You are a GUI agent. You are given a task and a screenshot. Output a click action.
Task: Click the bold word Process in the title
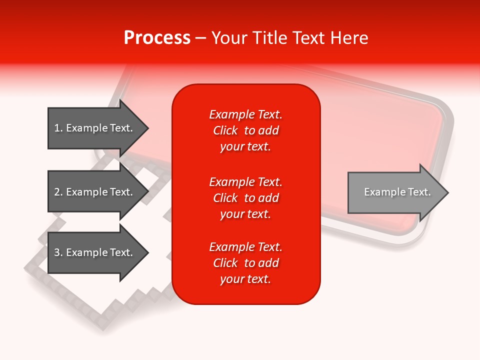pyautogui.click(x=157, y=38)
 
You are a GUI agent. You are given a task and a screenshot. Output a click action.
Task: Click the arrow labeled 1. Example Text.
pyautogui.click(x=95, y=128)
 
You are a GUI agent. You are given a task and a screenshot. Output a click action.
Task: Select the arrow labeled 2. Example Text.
pyautogui.click(x=95, y=192)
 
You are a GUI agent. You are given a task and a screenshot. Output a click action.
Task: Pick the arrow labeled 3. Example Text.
pyautogui.click(x=95, y=252)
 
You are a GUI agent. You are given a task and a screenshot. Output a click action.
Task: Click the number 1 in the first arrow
pyautogui.click(x=57, y=128)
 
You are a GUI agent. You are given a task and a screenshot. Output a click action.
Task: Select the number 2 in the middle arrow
pyautogui.click(x=57, y=192)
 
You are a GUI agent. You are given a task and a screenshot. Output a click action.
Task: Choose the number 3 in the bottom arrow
pyautogui.click(x=57, y=252)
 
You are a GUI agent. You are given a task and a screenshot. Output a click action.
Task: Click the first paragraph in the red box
pyautogui.click(x=245, y=130)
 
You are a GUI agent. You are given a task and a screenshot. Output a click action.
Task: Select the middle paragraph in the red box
pyautogui.click(x=245, y=198)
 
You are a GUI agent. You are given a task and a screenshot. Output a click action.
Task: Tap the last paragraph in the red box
pyautogui.click(x=245, y=263)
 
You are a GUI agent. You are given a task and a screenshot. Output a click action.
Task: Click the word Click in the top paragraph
pyautogui.click(x=225, y=130)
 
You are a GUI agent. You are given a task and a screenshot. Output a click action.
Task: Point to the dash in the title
pyautogui.click(x=200, y=38)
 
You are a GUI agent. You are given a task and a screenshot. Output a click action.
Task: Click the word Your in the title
pyautogui.click(x=228, y=38)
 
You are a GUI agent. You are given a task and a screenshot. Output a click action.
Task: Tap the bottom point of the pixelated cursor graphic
pyautogui.click(x=103, y=327)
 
